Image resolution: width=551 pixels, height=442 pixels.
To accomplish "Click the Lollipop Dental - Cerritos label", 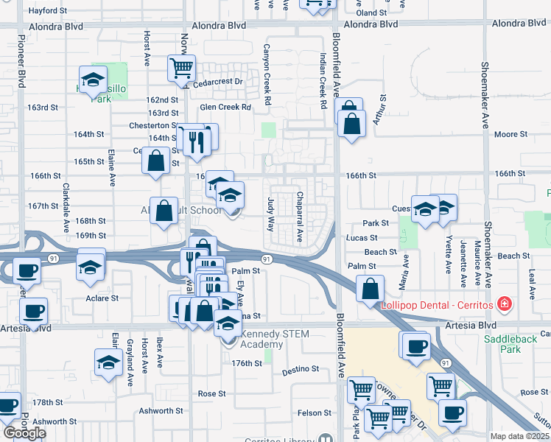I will point(438,304).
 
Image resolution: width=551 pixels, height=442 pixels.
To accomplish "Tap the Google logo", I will point(24,432).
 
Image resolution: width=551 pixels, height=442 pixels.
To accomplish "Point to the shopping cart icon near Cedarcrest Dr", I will point(181,69).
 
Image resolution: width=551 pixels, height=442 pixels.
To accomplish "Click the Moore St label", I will point(506,134).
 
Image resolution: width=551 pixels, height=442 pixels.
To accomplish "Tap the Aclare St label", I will point(102,298).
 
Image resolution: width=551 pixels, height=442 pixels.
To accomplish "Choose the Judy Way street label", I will point(270,213).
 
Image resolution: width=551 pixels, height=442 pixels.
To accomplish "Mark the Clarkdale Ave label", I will point(66,214).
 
